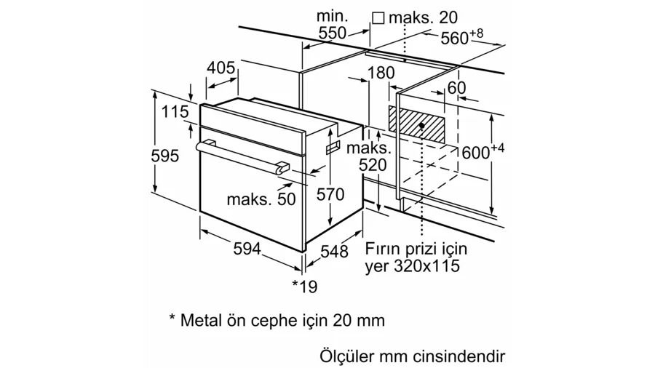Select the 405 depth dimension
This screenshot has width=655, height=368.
221,68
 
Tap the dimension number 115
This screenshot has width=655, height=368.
174,113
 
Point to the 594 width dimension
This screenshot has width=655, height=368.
247,249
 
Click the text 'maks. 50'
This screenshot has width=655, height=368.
261,199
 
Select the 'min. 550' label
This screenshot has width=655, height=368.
332,25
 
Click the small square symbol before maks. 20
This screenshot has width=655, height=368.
378,17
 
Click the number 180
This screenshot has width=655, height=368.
381,73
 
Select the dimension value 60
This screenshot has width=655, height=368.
456,88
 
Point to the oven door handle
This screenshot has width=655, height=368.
240,156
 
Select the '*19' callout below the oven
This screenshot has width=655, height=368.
305,287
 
